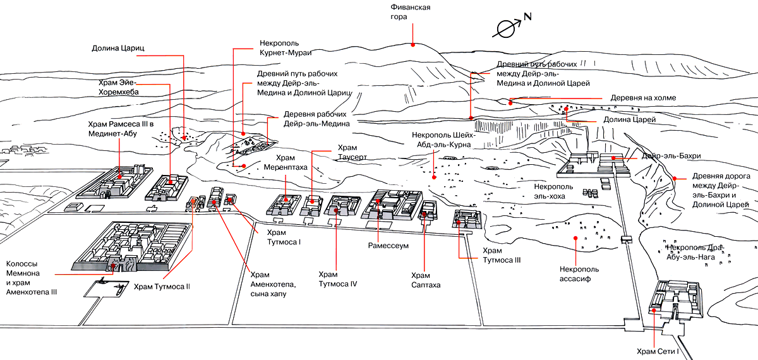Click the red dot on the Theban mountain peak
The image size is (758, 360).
[412, 45]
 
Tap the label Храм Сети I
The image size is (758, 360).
[657, 351]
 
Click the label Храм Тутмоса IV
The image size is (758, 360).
[338, 279]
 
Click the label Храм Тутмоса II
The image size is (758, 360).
[162, 286]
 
